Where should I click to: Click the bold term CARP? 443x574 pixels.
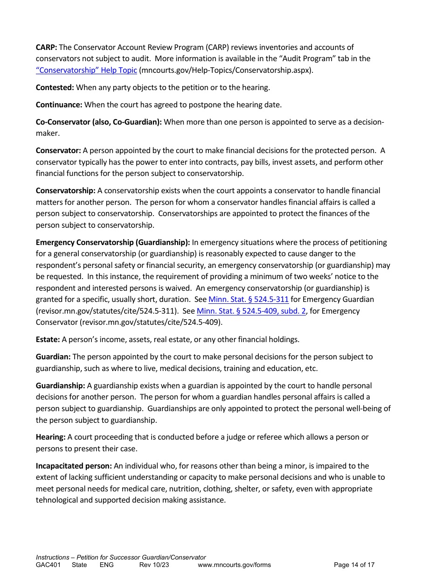[47, 47]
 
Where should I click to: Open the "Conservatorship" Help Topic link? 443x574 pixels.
[86, 70]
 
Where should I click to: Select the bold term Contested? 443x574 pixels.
[55, 87]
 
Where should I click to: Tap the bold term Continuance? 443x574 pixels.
[59, 105]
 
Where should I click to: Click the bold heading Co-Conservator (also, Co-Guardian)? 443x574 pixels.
[99, 122]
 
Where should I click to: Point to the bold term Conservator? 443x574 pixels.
[58, 150]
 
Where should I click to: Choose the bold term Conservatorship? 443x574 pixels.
[66, 190]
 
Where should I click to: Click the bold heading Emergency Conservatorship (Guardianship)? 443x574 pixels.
[113, 242]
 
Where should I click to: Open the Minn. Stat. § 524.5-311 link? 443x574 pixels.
[249, 299]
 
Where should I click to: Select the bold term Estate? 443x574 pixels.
[48, 339]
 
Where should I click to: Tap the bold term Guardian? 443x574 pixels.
[53, 357]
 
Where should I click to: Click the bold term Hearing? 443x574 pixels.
[51, 437]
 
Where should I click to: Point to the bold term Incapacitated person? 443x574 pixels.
[74, 466]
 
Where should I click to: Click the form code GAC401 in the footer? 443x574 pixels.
[48, 565]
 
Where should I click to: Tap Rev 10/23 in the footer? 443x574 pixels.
[154, 565]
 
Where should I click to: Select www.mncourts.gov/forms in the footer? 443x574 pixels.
[234, 565]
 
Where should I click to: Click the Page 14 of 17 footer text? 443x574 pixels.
[354, 565]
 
